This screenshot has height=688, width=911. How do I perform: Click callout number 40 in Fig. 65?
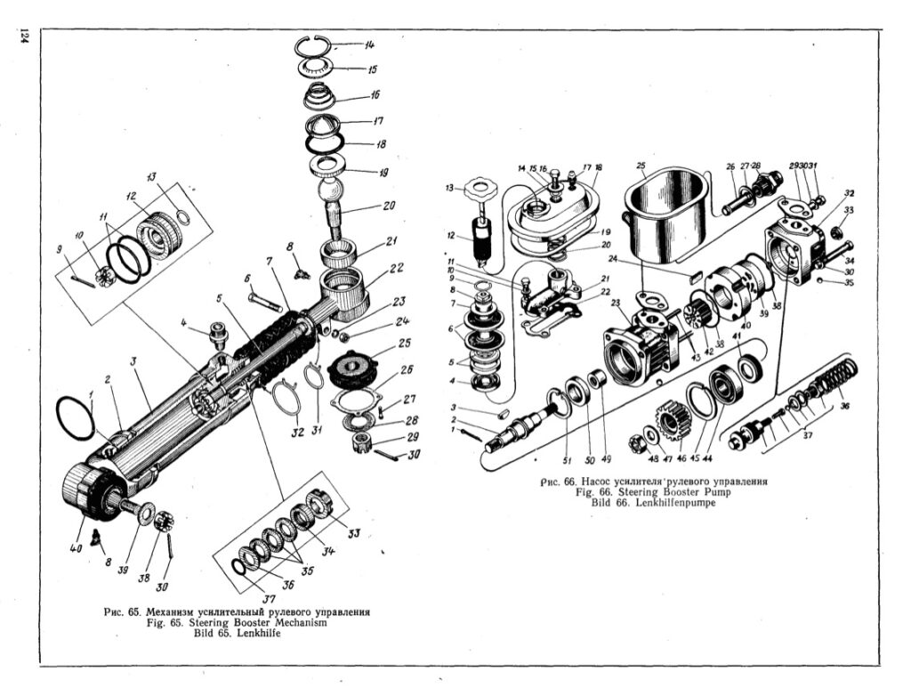coord(76,548)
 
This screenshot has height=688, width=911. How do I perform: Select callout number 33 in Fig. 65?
coord(353,533)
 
